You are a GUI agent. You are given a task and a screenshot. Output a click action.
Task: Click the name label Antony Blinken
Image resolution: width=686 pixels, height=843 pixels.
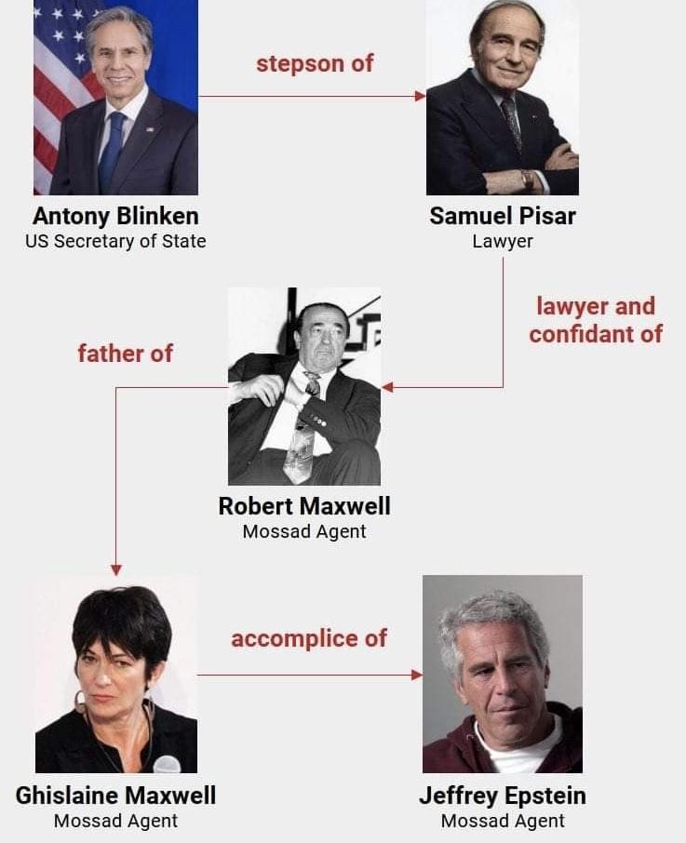[115, 216]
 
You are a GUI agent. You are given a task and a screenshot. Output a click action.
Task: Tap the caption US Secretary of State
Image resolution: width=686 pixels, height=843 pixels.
[115, 241]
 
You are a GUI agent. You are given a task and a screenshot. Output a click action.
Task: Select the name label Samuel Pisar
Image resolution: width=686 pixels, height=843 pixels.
[503, 216]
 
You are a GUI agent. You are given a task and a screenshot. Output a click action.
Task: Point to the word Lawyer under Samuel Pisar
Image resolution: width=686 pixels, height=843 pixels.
[503, 241]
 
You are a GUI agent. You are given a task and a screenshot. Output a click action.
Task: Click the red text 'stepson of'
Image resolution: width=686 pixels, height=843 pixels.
[315, 64]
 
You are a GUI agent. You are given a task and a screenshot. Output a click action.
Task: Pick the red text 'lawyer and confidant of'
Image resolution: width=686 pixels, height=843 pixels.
[596, 319]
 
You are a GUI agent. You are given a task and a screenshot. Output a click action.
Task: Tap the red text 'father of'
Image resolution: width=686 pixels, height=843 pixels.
[125, 354]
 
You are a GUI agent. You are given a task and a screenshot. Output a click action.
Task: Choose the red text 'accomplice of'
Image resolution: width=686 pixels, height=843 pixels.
[309, 639]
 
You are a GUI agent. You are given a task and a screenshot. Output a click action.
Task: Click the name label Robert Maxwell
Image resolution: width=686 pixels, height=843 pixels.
[304, 506]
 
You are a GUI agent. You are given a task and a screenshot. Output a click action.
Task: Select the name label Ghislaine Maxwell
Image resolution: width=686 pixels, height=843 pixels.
[115, 796]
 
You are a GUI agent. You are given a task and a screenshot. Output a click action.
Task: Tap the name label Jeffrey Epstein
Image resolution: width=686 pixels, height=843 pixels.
[503, 796]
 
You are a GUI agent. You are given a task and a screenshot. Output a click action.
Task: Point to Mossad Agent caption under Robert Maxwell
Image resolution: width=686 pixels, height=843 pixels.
[304, 532]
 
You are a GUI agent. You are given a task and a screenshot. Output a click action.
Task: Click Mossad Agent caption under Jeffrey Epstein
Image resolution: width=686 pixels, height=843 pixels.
[503, 821]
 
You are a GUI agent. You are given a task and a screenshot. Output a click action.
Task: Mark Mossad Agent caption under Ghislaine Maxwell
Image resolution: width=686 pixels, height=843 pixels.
[115, 821]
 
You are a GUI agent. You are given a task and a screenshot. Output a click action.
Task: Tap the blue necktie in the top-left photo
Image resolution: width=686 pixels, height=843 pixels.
[113, 149]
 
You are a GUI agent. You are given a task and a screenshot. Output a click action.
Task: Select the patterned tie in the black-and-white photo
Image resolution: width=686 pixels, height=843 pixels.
[302, 437]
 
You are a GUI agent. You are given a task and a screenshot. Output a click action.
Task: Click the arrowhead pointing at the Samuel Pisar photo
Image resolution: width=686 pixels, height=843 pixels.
[421, 96]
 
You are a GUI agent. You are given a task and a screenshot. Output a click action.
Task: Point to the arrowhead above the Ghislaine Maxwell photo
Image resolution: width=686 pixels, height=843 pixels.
[116, 569]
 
